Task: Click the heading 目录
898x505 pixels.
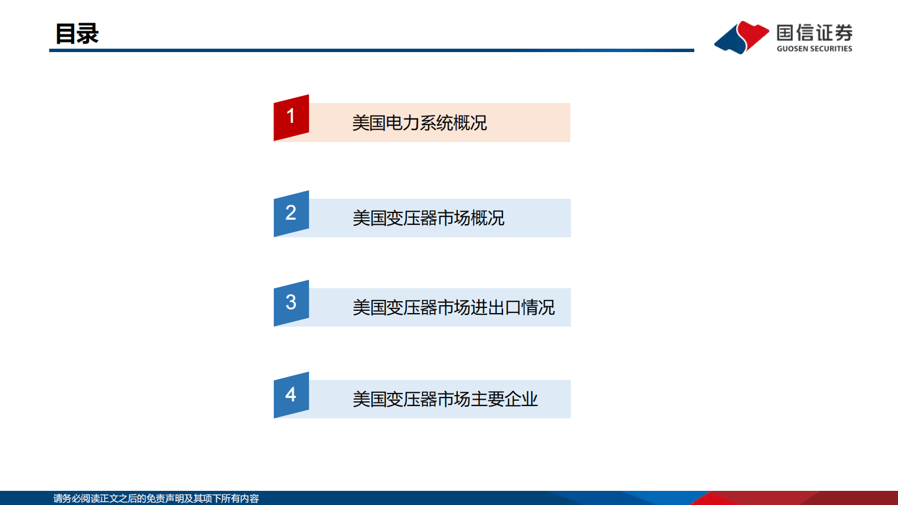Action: click(x=77, y=33)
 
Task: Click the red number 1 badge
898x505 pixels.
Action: click(x=291, y=117)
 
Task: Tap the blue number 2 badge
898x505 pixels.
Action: click(x=291, y=213)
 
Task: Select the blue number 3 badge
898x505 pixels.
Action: click(x=291, y=303)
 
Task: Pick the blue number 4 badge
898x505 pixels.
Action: click(x=291, y=395)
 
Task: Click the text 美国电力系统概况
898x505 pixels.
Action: click(x=419, y=123)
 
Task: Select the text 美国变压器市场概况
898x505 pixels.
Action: click(x=428, y=218)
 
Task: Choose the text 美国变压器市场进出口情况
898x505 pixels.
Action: click(x=453, y=307)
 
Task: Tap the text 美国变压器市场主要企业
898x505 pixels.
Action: click(x=445, y=399)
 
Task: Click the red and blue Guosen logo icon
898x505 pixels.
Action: click(x=741, y=37)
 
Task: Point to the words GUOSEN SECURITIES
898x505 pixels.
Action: click(x=814, y=49)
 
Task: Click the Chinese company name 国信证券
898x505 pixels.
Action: click(x=814, y=33)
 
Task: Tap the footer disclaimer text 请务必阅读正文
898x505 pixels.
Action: click(x=156, y=498)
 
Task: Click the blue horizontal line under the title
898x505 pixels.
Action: click(x=371, y=50)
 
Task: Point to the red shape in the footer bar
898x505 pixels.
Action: click(x=792, y=498)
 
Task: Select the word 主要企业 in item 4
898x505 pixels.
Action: click(x=504, y=399)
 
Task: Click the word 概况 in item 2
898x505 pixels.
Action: click(x=487, y=218)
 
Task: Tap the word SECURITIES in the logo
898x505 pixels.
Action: click(x=831, y=49)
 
